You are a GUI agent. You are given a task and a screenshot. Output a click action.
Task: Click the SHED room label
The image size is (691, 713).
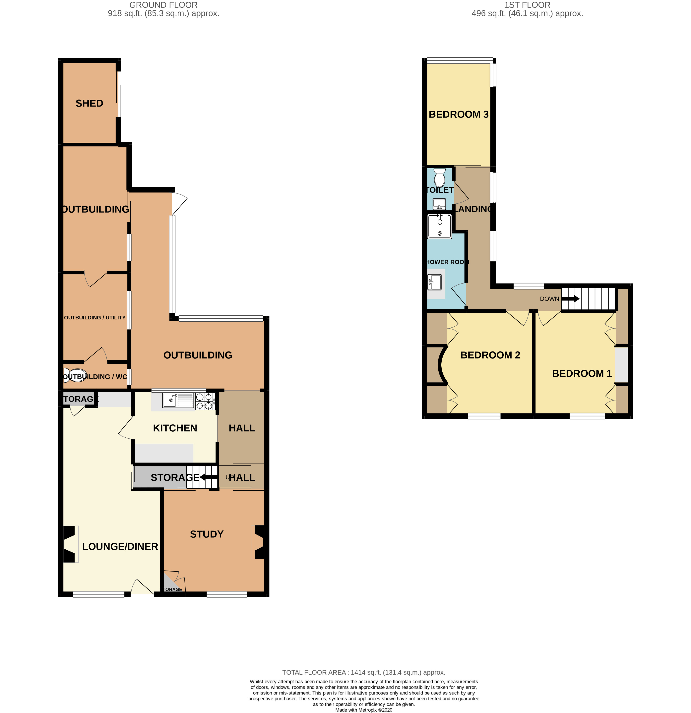pos(89,103)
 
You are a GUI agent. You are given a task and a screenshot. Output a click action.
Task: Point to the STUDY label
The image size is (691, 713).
pos(206,534)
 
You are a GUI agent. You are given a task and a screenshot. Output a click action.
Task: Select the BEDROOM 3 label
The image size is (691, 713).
pos(458,114)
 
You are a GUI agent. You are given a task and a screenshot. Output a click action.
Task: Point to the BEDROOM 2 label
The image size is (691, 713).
pos(490,355)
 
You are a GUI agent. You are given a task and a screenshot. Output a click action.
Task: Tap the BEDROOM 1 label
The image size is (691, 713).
pos(582,373)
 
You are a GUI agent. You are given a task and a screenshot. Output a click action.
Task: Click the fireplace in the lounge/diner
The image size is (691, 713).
pos(70,544)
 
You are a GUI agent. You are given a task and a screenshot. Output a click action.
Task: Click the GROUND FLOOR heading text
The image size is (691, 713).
pos(163,5)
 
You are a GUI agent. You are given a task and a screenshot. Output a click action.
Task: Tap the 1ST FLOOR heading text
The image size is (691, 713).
pos(527,5)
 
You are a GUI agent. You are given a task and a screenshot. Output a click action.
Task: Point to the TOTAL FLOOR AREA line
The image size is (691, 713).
pos(363,672)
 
